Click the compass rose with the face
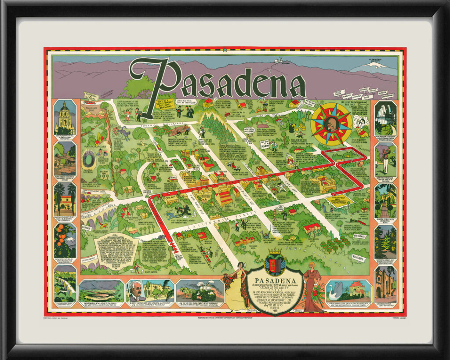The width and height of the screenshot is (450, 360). (x=331, y=124)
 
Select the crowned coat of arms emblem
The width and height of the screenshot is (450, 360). (x=275, y=264)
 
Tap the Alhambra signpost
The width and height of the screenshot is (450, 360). (x=358, y=258)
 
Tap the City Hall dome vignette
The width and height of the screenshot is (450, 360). (x=65, y=117)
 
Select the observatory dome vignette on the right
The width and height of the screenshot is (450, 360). (x=385, y=117)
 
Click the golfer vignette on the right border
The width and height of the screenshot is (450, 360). (x=385, y=158)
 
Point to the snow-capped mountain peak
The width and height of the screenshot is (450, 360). (x=372, y=65)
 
